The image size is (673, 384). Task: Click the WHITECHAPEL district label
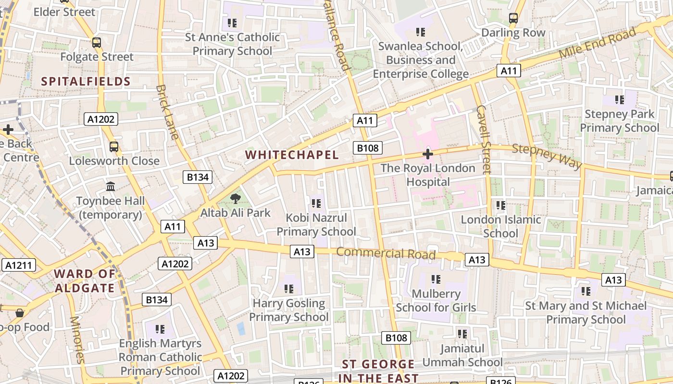pyautogui.click(x=292, y=155)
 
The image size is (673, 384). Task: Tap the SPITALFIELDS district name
pyautogui.click(x=86, y=81)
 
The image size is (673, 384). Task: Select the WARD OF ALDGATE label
pyautogui.click(x=85, y=281)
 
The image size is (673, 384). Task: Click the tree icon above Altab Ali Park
pyautogui.click(x=235, y=199)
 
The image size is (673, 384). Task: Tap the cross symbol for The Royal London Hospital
pyautogui.click(x=427, y=154)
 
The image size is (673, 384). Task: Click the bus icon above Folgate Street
pyautogui.click(x=97, y=43)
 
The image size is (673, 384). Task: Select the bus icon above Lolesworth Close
pyautogui.click(x=114, y=147)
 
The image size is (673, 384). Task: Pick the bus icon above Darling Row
pyautogui.click(x=513, y=19)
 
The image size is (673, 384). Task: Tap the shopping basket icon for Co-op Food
pyautogui.click(x=20, y=313)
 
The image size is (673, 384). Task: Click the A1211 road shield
pyautogui.click(x=19, y=265)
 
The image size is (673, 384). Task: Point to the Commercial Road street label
pyautogui.click(x=386, y=253)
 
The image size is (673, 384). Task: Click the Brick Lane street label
pyautogui.click(x=167, y=112)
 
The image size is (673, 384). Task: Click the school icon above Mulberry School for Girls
pyautogui.click(x=436, y=279)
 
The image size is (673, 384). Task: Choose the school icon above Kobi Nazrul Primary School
pyautogui.click(x=316, y=204)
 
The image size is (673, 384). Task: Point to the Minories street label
pyautogui.click(x=77, y=339)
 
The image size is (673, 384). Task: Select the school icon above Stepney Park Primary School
pyautogui.click(x=620, y=100)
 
